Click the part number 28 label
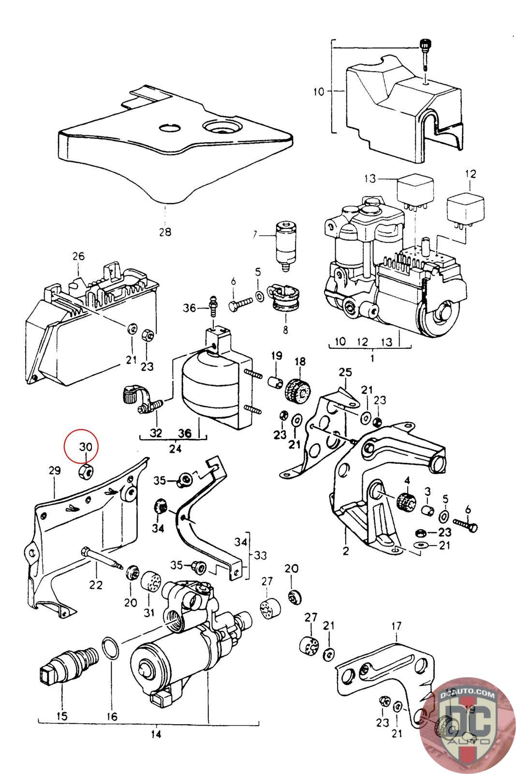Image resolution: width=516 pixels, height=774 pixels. (x=165, y=232)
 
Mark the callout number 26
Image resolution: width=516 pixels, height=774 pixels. (x=78, y=256)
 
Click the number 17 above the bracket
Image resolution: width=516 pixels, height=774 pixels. (x=397, y=626)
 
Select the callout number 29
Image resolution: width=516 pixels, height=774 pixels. (x=55, y=470)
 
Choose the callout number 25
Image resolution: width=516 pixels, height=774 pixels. (x=345, y=372)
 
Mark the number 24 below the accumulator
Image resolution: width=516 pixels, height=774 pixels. (x=175, y=449)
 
